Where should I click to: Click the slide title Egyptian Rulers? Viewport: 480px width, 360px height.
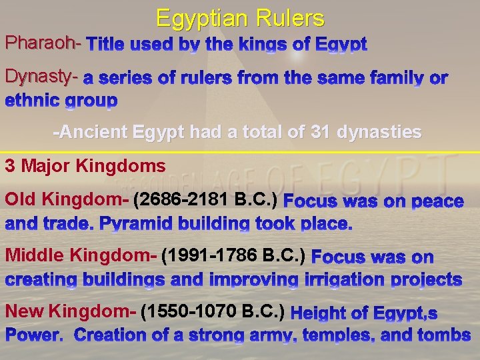tap(240, 18)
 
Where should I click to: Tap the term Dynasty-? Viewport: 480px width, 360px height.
tap(42, 77)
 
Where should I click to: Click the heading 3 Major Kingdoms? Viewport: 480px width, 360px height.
tap(85, 165)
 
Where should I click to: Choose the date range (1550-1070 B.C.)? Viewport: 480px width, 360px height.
tap(213, 311)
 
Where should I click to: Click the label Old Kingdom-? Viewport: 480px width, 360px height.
tap(67, 199)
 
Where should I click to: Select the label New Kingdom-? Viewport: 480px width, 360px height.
tap(70, 311)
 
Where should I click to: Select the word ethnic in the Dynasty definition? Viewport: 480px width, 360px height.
tap(33, 101)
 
